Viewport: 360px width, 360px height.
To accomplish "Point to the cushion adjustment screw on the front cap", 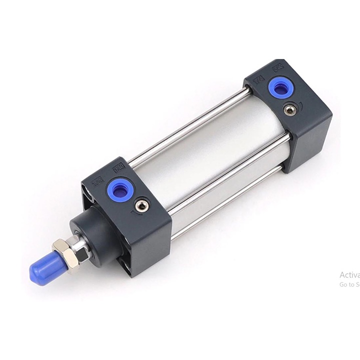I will [x=142, y=204].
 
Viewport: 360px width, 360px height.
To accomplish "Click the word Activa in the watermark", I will [x=349, y=274].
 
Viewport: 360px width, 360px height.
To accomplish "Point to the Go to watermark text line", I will [x=349, y=284].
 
